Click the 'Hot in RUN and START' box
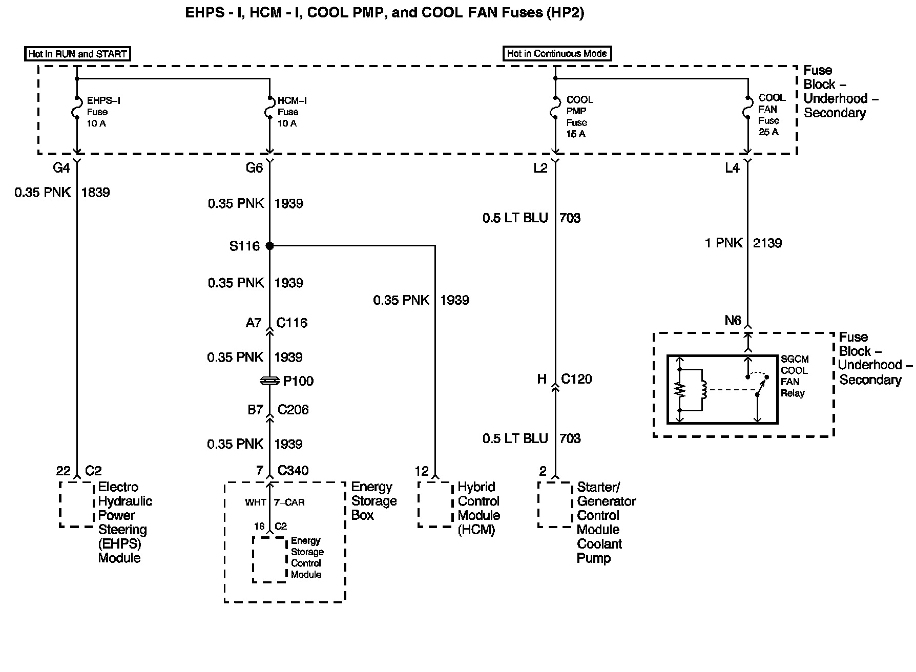[x=77, y=54]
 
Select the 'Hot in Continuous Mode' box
[x=556, y=53]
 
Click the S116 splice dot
[x=269, y=246]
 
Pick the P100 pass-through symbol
[x=269, y=381]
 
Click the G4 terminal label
[x=61, y=168]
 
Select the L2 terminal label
[x=540, y=168]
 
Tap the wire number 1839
[x=95, y=193]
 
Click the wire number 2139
[x=767, y=243]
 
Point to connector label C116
[x=292, y=323]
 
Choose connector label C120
[x=576, y=379]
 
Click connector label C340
[x=293, y=470]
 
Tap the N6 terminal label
[x=733, y=321]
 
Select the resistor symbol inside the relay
[x=680, y=390]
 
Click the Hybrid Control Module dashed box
[x=435, y=504]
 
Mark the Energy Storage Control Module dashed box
[x=269, y=559]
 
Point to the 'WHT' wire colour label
[x=255, y=502]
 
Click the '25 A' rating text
[x=768, y=132]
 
